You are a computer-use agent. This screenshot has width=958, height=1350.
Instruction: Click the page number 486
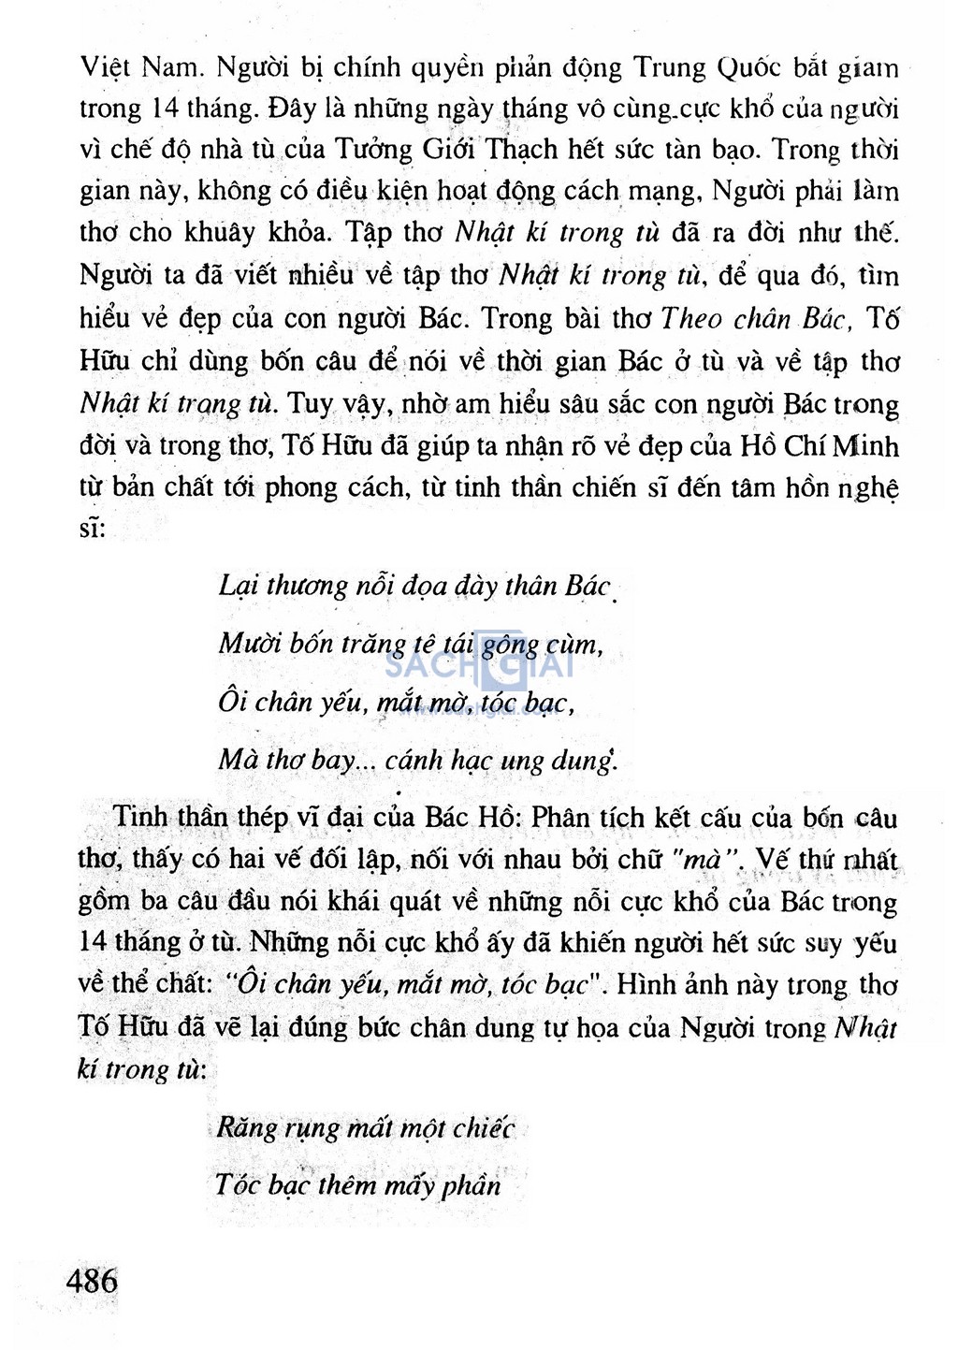coord(92,1279)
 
